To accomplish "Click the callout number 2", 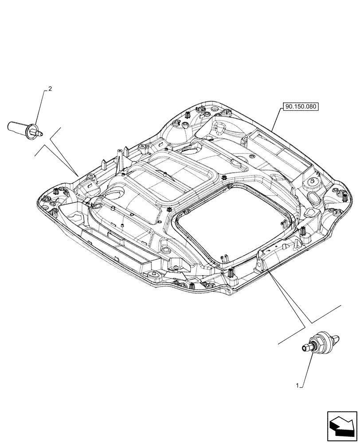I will click(x=50, y=89).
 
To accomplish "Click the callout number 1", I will click(x=297, y=386).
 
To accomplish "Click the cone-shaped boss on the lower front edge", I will click(x=155, y=275).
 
